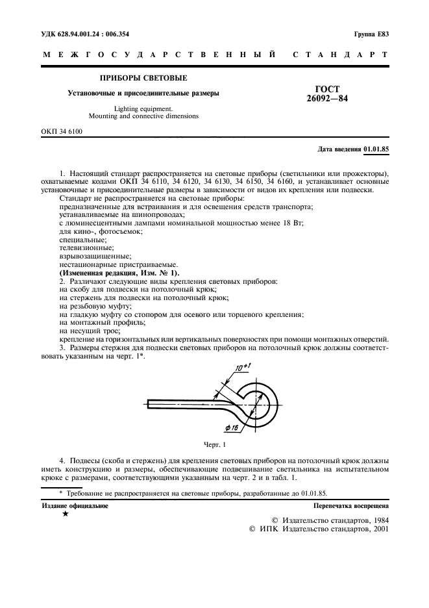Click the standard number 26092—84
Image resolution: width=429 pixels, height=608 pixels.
coord(328,99)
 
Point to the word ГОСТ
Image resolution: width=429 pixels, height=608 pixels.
coord(328,89)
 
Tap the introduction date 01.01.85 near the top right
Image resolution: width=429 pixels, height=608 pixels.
coord(376,149)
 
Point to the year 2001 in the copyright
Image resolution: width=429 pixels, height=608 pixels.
coord(376,529)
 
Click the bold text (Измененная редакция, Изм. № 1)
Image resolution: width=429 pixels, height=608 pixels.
coord(119,273)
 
